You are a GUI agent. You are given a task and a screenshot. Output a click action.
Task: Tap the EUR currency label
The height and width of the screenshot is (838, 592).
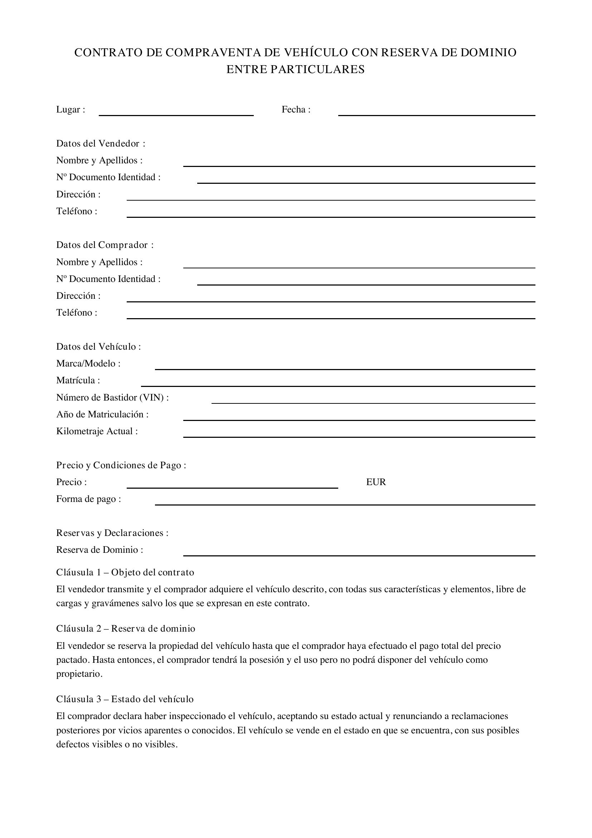(x=376, y=482)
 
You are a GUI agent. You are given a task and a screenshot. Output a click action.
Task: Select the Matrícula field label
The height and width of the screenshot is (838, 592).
(x=78, y=380)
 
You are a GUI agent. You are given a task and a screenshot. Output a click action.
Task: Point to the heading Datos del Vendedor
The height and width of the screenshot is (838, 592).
(x=101, y=143)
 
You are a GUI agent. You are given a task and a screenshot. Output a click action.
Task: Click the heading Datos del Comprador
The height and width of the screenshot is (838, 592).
(x=105, y=245)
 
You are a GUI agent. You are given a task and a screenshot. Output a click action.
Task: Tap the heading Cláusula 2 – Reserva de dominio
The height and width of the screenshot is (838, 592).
(x=126, y=628)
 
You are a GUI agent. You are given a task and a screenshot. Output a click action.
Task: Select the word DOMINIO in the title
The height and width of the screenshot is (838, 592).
(x=488, y=53)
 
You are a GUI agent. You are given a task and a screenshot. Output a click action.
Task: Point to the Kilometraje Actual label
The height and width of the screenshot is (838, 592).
(x=97, y=431)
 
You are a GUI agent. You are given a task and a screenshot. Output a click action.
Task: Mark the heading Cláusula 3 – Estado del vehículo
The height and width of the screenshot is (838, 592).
(x=125, y=699)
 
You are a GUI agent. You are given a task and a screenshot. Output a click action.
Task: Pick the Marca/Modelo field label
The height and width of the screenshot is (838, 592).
(x=88, y=364)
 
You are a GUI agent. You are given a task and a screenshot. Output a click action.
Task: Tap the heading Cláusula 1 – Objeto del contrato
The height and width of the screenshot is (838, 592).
(x=125, y=572)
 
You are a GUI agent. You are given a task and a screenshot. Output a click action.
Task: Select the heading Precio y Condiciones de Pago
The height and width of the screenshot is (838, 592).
(x=121, y=465)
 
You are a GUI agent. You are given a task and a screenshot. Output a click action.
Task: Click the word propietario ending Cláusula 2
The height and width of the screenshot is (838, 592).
(x=79, y=674)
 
